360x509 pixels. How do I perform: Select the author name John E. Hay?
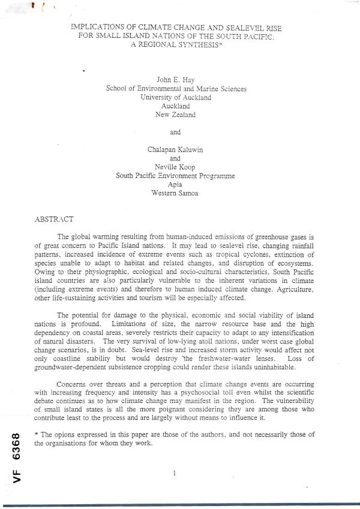[175, 80]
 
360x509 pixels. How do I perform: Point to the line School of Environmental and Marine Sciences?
[176, 88]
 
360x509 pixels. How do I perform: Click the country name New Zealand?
[175, 114]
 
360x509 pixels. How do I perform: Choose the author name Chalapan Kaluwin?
[175, 150]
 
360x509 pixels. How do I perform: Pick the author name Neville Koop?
[175, 167]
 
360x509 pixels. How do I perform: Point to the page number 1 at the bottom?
[174, 473]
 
